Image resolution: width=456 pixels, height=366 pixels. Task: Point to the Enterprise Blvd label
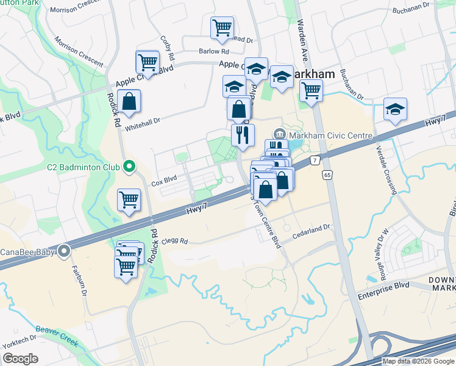click(383, 285)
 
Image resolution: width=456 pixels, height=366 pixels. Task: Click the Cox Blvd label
click(163, 182)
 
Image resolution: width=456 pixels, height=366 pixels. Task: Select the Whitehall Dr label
click(142, 121)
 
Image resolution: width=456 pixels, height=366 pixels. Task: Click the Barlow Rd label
click(208, 52)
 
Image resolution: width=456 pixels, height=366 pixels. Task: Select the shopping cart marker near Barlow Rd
click(222, 27)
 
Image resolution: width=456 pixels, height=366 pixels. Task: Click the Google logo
click(20, 359)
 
